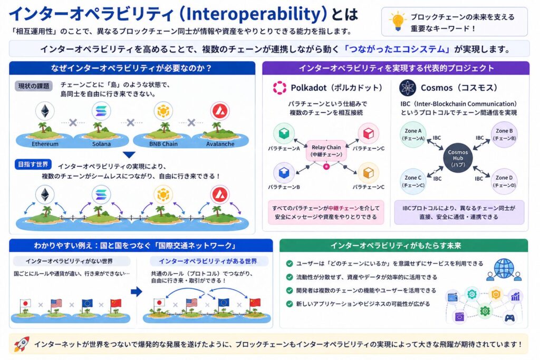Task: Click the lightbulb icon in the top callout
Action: pyautogui.click(x=397, y=21)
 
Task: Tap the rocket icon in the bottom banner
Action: pyautogui.click(x=21, y=344)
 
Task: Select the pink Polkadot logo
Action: pyautogui.click(x=279, y=87)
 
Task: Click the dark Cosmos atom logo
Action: pyautogui.click(x=408, y=87)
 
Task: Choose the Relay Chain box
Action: pyautogui.click(x=326, y=150)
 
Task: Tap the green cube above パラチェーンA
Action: pyautogui.click(x=284, y=134)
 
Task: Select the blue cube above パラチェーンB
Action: pyautogui.click(x=284, y=172)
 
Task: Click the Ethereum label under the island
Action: pyautogui.click(x=45, y=143)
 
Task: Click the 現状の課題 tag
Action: pyautogui.click(x=33, y=86)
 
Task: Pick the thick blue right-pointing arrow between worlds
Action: pyautogui.click(x=136, y=291)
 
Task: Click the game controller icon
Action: pyautogui.click(x=509, y=318)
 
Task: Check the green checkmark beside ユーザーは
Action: pyautogui.click(x=289, y=264)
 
